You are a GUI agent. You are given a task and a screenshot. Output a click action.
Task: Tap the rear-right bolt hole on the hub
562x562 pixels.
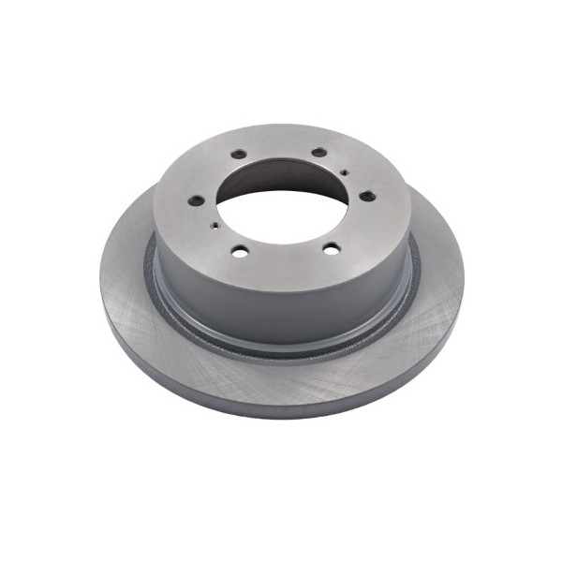click(x=318, y=152)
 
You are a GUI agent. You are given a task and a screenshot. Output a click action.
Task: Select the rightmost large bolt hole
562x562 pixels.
click(x=367, y=196)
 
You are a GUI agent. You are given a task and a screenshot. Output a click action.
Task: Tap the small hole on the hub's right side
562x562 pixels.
click(x=346, y=172)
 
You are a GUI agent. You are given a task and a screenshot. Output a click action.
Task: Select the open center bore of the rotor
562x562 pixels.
click(x=281, y=211)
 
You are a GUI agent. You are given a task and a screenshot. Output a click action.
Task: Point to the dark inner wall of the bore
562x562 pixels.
click(x=281, y=183)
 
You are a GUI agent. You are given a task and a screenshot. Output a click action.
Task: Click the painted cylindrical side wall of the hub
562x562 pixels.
click(x=281, y=300)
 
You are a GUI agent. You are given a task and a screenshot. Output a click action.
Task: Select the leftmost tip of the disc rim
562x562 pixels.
click(x=99, y=281)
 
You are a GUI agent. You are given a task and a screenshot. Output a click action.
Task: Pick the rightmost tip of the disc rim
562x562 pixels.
click(x=464, y=281)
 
